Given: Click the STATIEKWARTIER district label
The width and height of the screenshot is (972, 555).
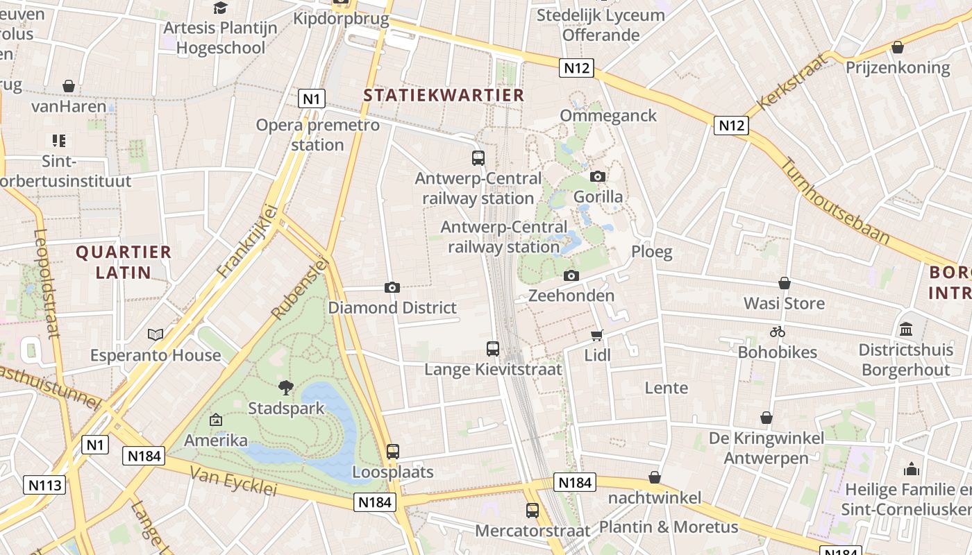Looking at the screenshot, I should tap(444, 95).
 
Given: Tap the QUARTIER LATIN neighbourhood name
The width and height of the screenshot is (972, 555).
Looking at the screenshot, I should tap(124, 262).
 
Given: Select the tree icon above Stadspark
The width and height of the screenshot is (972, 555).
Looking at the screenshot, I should tap(285, 387).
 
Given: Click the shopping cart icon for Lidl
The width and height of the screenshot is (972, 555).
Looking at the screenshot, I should tap(596, 336).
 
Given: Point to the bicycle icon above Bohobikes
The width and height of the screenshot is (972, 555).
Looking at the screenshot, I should tap(777, 332).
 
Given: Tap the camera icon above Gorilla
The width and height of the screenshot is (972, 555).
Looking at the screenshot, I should tap(597, 177).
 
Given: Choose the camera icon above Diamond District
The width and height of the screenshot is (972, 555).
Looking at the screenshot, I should tap(392, 287).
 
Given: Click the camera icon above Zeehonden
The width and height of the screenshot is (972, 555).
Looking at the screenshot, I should tap(571, 275).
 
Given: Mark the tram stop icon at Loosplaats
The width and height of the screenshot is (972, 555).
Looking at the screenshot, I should tap(393, 452).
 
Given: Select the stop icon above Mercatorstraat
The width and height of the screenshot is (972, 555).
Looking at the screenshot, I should tap(533, 511).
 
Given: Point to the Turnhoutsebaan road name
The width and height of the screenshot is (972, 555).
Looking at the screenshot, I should tap(835, 200).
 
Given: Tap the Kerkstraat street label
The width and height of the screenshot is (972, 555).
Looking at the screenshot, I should tap(792, 82).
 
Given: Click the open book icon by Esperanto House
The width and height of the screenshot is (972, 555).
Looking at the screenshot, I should tap(156, 335).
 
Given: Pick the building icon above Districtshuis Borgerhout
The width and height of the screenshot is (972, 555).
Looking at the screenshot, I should tap(905, 329).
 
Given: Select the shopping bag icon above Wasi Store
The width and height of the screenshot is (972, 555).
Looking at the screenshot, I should tap(784, 283).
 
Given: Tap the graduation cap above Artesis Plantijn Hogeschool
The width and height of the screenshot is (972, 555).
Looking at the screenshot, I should tap(220, 8).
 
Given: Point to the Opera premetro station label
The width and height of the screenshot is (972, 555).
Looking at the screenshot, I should tap(318, 135).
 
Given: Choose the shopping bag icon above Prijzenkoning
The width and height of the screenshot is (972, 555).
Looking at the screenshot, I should tap(897, 47).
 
